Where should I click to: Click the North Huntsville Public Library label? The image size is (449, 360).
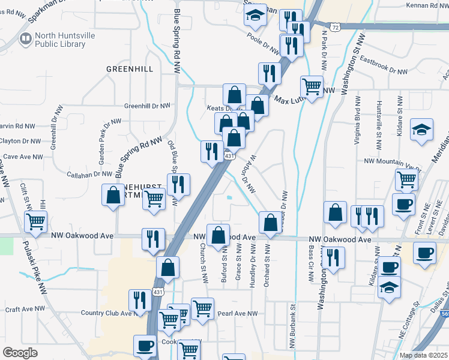tap(65, 40)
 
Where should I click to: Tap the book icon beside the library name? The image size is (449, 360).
tap(26, 40)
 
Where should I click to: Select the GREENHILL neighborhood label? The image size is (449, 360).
tap(130, 69)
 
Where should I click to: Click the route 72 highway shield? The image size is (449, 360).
tap(337, 28)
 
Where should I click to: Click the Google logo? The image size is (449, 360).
tap(21, 353)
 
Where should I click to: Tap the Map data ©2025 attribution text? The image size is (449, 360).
tap(424, 355)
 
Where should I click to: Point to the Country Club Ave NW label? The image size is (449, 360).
tap(106, 313)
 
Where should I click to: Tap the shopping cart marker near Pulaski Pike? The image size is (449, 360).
tap(35, 221)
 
